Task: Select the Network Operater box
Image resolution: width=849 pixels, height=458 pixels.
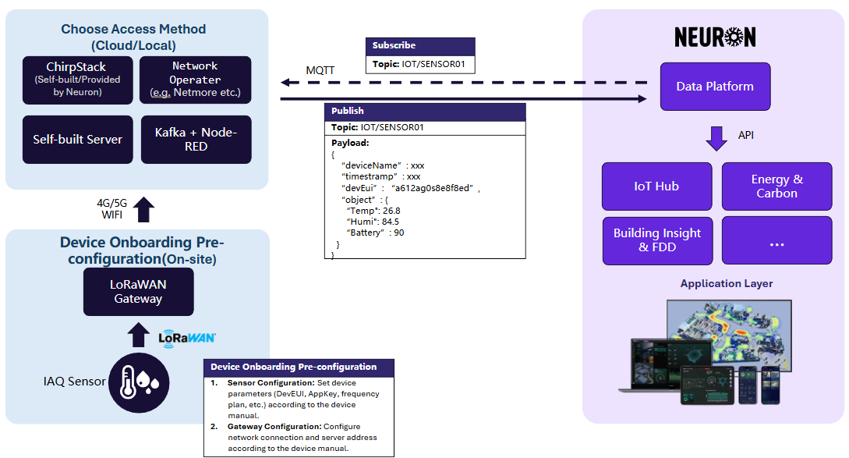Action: [x=196, y=80]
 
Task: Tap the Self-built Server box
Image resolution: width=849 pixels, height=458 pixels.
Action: [x=77, y=140]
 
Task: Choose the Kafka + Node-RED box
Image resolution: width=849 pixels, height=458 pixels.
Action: [x=196, y=140]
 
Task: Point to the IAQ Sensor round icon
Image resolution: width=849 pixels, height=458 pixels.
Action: [x=139, y=382]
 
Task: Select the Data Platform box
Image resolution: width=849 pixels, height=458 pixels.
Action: [x=715, y=87]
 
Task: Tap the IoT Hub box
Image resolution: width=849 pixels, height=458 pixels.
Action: [x=656, y=186]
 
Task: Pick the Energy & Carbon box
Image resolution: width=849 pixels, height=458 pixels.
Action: [x=776, y=186]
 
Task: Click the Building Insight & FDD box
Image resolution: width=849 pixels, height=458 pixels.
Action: [x=656, y=240]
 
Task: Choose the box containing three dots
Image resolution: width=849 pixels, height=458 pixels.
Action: [x=776, y=240]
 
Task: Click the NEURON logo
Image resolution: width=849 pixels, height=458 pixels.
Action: [x=715, y=37]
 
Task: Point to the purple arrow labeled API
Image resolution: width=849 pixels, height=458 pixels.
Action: [x=716, y=138]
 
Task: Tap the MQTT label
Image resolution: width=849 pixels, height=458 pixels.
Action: [x=320, y=70]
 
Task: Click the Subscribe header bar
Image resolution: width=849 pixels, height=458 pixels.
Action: [x=420, y=46]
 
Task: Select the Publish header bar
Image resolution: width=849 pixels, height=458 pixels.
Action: [x=425, y=112]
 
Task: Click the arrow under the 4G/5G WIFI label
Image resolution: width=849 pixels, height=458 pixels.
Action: [x=145, y=209]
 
